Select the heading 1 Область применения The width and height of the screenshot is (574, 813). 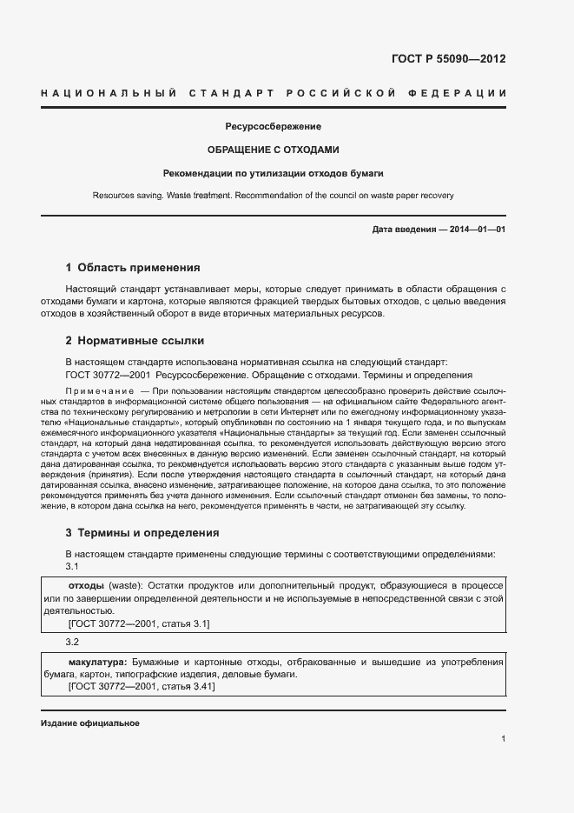(133, 268)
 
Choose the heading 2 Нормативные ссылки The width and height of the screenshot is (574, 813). (135, 340)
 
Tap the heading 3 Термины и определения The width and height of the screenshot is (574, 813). (142, 533)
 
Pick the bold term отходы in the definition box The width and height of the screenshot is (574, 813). (86, 586)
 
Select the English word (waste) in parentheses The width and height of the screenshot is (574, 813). (125, 586)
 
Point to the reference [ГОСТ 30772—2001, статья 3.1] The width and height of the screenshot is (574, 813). (138, 623)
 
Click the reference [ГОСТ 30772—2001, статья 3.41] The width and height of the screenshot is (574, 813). (141, 687)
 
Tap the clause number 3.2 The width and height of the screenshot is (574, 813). (73, 642)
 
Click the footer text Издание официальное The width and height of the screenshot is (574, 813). (90, 723)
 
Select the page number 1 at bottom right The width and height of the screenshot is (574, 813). (503, 739)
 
